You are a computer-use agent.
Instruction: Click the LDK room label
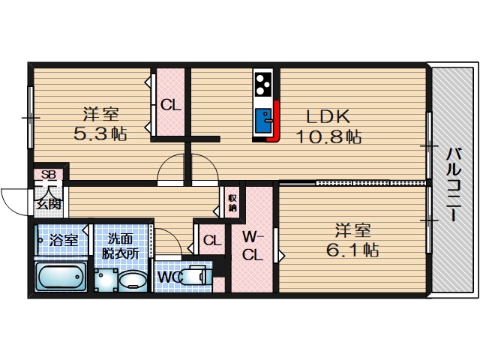328,116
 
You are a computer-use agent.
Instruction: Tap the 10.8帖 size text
328,136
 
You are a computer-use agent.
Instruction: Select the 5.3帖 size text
100,133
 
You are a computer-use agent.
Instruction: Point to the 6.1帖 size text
352,250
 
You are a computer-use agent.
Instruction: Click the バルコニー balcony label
453,184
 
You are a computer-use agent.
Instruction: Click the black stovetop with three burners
263,83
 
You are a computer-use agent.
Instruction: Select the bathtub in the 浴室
60,277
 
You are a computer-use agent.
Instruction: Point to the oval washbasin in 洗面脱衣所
132,280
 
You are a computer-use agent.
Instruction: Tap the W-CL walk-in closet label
253,245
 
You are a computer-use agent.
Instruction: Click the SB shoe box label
49,175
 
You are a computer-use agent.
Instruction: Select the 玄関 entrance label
49,204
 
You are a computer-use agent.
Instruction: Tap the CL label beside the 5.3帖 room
171,105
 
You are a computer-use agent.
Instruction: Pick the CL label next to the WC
212,240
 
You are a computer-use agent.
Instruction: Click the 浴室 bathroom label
64,240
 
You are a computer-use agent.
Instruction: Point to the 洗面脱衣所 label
121,246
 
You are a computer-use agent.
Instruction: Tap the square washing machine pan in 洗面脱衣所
106,280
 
